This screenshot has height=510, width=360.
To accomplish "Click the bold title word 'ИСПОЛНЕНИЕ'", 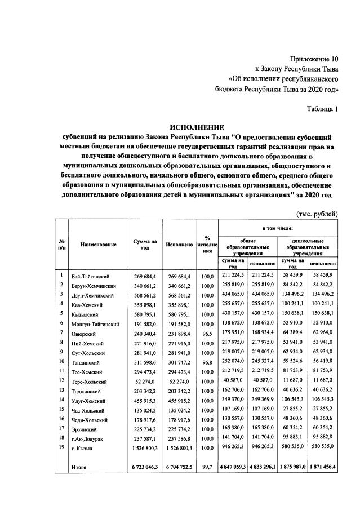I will point(197,127).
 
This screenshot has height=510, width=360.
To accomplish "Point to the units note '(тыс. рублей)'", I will point(317,214).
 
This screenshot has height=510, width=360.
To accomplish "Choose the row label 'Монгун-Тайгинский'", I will point(95,324).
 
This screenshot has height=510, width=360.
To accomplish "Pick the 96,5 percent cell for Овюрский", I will point(207,334).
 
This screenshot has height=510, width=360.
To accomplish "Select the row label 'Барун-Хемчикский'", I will point(94,285).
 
